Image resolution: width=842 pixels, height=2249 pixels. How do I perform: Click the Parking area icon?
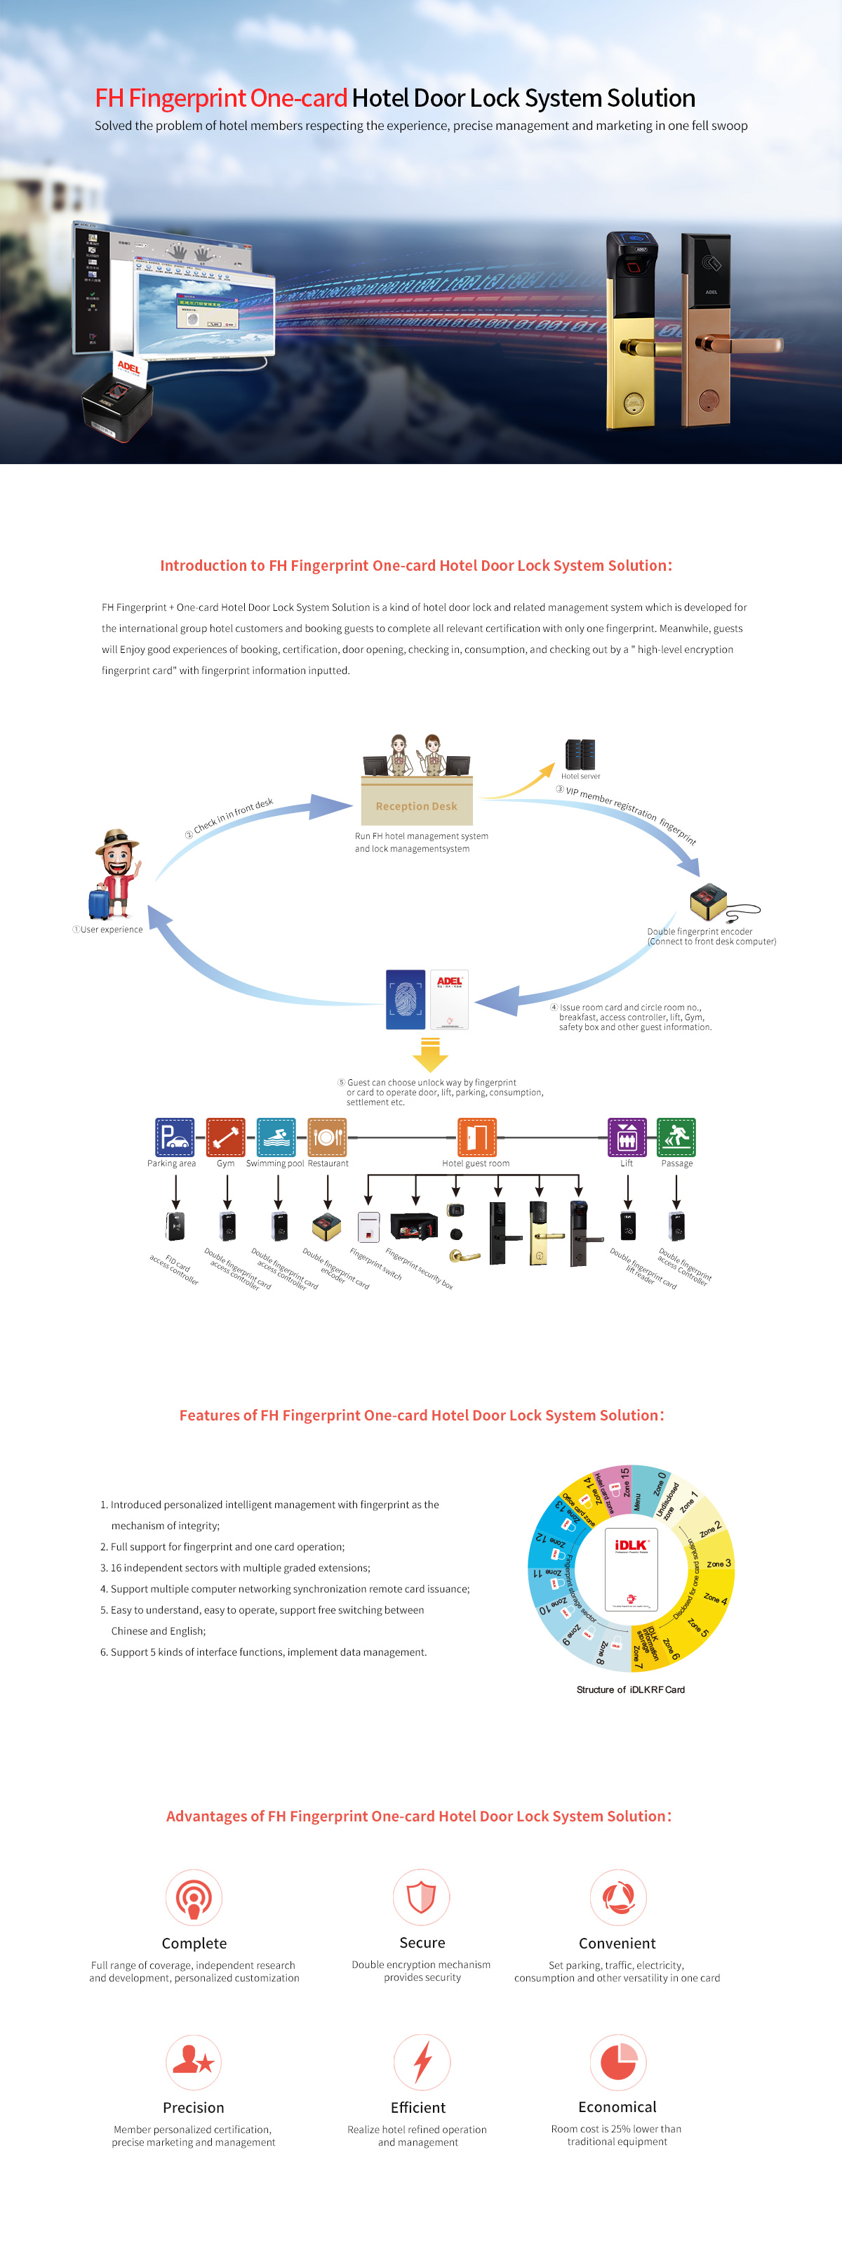tap(175, 1137)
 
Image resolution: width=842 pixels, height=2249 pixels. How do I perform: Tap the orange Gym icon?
tap(225, 1137)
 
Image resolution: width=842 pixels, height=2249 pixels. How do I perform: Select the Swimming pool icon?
tap(276, 1137)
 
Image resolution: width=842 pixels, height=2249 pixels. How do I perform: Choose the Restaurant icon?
tap(327, 1137)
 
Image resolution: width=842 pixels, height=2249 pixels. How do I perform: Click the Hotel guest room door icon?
tap(476, 1137)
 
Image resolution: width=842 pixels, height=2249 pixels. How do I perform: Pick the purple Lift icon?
tap(627, 1137)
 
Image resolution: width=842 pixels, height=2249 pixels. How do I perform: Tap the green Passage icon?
tap(676, 1137)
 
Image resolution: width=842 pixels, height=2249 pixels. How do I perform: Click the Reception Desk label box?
tap(416, 806)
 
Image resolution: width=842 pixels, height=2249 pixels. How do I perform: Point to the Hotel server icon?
tap(580, 754)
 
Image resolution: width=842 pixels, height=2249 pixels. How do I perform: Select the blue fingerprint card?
tap(406, 1000)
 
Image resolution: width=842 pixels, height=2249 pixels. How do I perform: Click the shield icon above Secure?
tap(422, 1897)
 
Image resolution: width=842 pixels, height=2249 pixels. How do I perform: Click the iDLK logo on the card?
tap(631, 1545)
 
